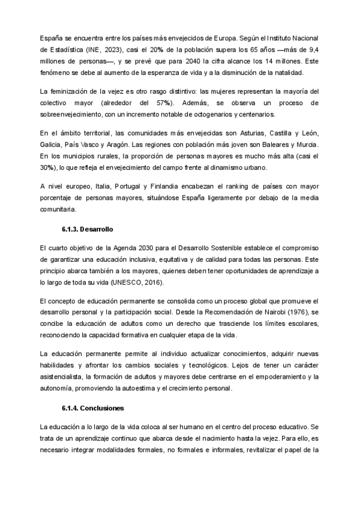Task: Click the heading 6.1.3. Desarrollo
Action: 87,230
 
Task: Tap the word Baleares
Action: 272,145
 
